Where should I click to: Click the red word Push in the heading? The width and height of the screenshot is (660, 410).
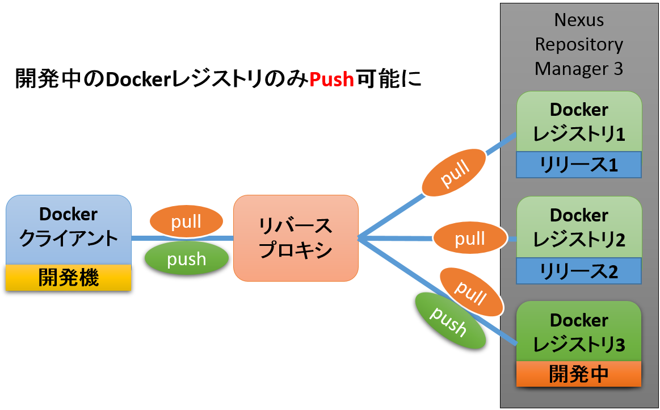[332, 79]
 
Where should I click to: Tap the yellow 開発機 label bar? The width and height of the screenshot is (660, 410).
[69, 278]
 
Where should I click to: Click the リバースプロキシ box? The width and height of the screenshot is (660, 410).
[296, 238]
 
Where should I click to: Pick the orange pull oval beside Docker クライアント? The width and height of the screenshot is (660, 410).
[186, 222]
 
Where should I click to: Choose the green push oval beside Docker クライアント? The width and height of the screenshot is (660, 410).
[186, 259]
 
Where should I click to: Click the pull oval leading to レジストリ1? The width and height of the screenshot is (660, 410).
[454, 173]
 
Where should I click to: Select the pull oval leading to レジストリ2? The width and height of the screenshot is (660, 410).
[470, 239]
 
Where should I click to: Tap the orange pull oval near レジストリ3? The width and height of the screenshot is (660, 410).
[471, 292]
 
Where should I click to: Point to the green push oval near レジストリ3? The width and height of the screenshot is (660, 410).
[451, 321]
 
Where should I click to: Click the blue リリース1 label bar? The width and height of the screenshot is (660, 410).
[579, 165]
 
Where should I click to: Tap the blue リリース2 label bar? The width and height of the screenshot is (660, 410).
[579, 271]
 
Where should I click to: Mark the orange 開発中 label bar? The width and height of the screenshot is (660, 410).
[579, 374]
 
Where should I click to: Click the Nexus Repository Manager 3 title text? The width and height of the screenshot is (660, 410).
[579, 44]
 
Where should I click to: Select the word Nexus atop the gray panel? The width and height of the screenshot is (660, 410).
[579, 20]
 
